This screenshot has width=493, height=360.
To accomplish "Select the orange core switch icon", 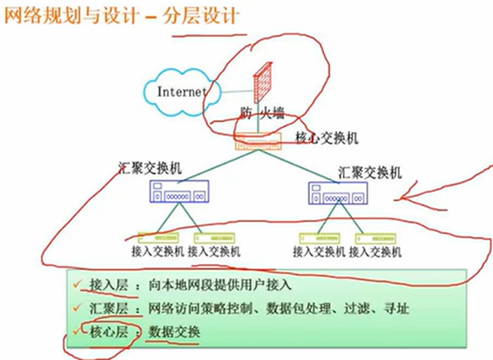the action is (x=258, y=142).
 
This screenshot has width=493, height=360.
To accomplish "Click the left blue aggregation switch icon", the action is (x=179, y=191).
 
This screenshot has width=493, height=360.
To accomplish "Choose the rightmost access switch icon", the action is (x=376, y=239).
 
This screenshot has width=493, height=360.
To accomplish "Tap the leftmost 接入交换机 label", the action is (x=157, y=251).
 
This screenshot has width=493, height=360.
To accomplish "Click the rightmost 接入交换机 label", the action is (x=376, y=251).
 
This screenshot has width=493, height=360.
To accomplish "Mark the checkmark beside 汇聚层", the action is (x=78, y=308).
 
